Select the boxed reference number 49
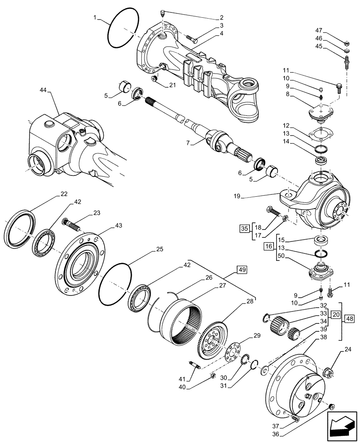coord(243,269)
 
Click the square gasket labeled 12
coord(318,132)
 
